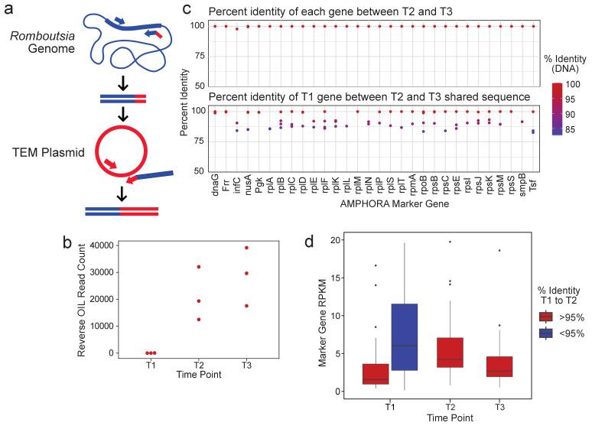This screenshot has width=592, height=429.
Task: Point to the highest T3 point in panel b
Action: point(246,248)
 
